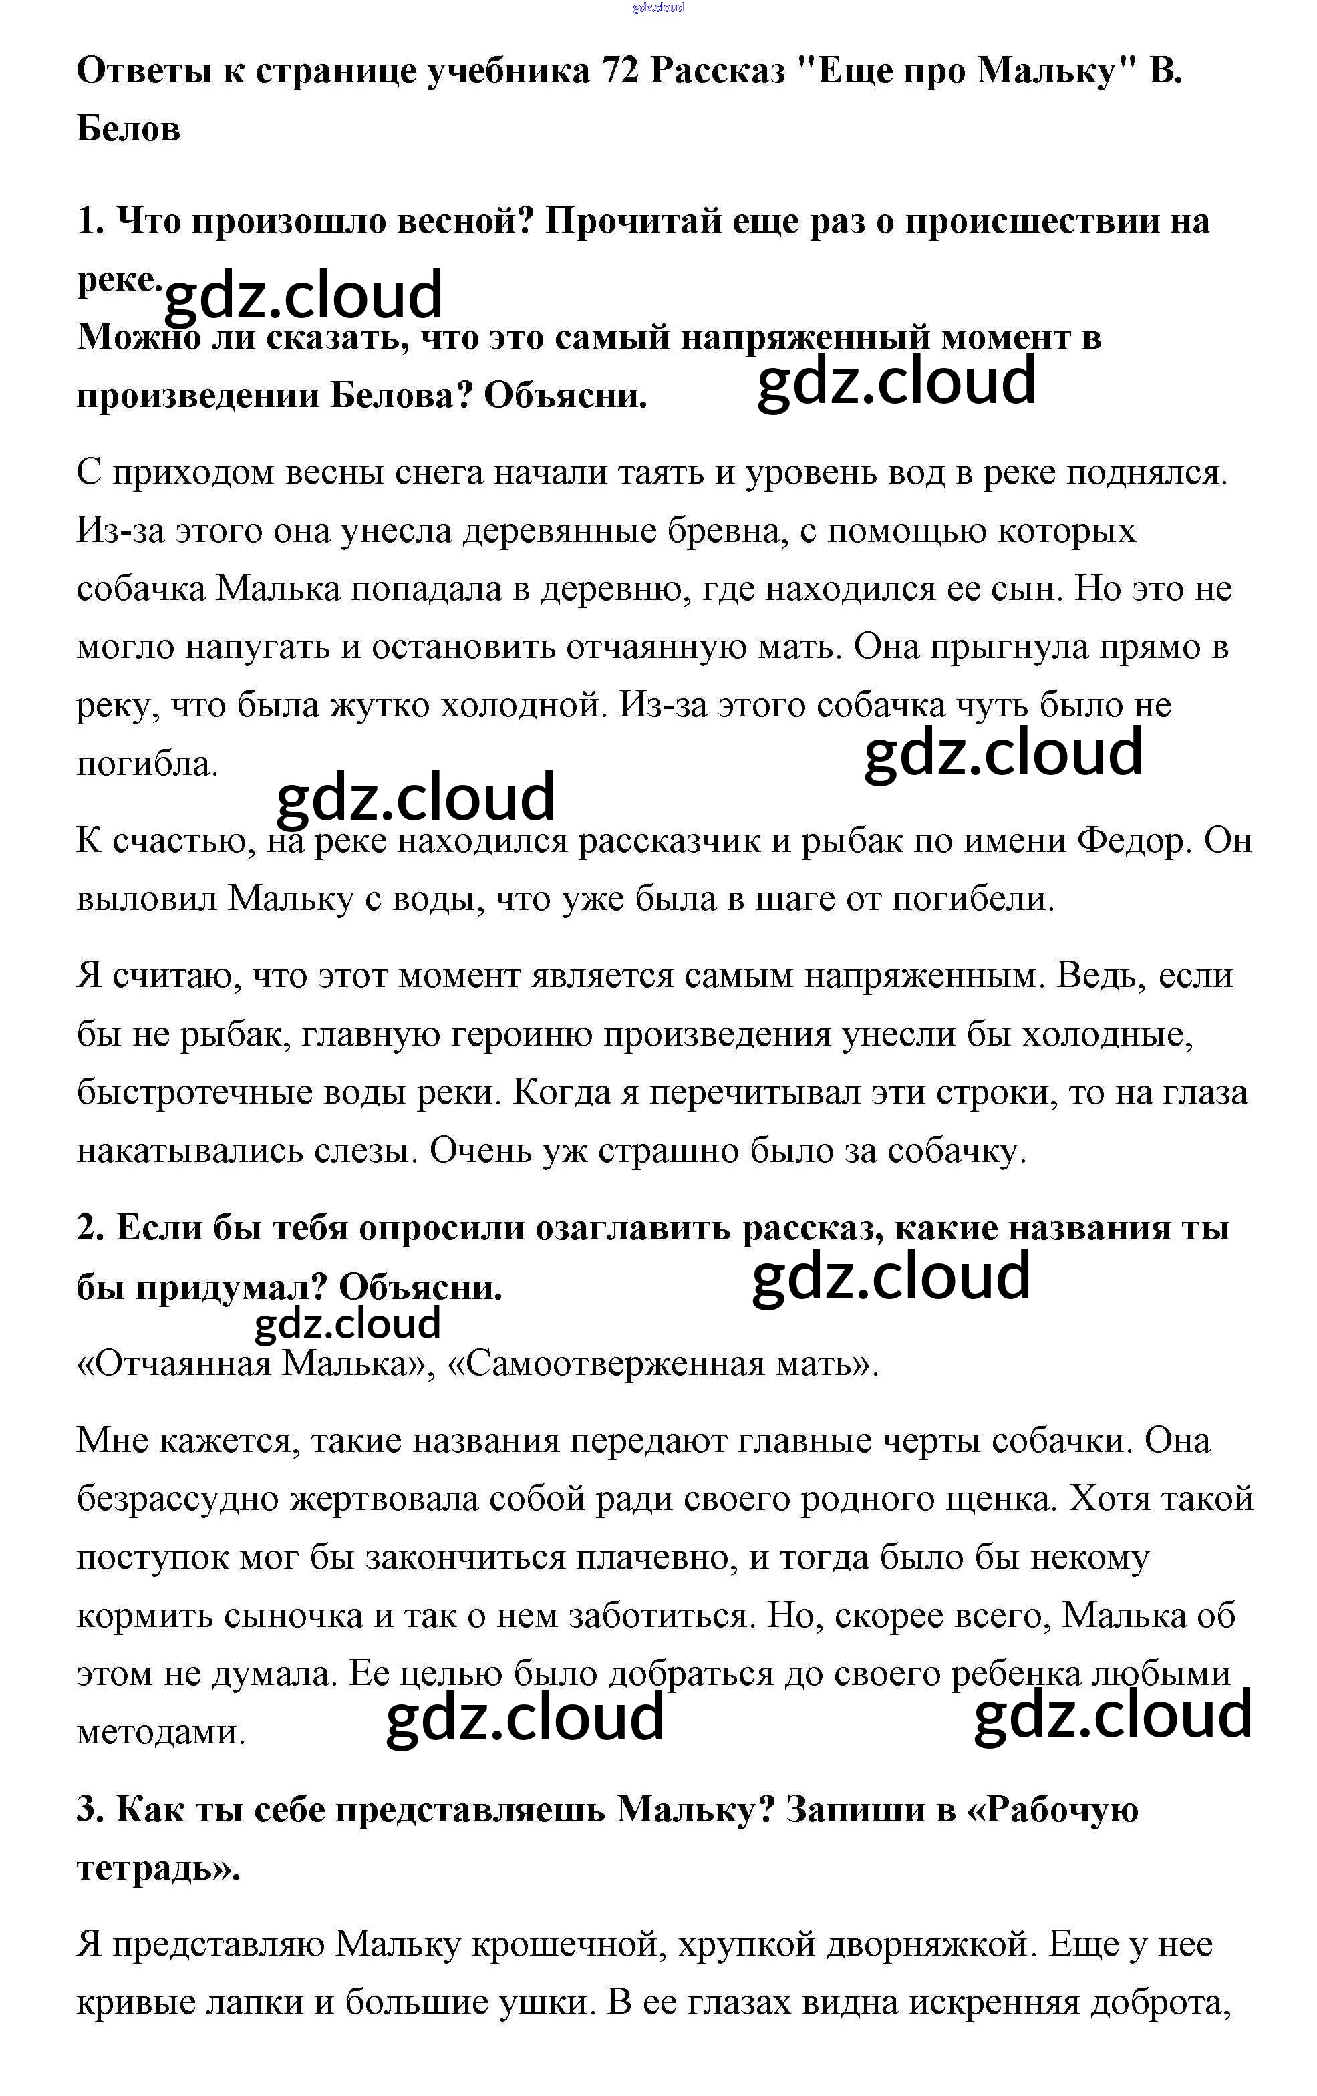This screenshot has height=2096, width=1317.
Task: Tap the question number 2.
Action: click(90, 1228)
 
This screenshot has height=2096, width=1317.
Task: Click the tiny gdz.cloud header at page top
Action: click(658, 8)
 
